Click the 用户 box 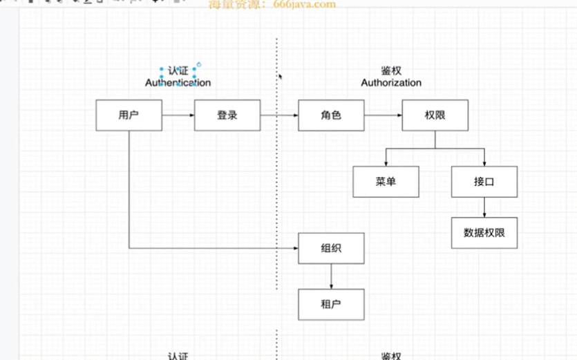point(129,115)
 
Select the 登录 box point(227,115)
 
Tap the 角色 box point(331,115)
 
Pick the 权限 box point(435,115)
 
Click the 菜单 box point(386,182)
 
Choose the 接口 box point(484,182)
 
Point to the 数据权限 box point(484,233)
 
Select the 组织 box point(331,248)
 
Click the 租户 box point(331,304)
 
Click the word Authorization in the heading point(391,83)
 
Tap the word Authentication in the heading point(178,83)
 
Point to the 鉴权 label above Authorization point(391,70)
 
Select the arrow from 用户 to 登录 point(178,115)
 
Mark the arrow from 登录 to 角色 point(279,115)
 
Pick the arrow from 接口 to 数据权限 point(484,207)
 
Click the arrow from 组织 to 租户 point(331,276)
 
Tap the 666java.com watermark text point(272,4)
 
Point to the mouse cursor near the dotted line point(280,76)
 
